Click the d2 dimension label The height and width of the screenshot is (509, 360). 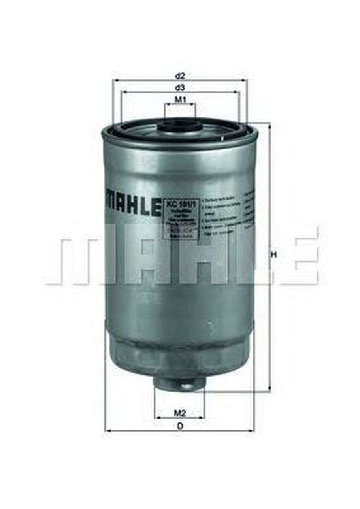(180, 75)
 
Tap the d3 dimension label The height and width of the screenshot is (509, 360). (180, 87)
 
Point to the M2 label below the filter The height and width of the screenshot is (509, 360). (180, 413)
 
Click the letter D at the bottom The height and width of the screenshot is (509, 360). (180, 426)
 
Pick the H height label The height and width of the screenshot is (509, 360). (273, 255)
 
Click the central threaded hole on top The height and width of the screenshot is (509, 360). (180, 126)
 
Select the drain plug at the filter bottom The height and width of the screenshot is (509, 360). (180, 383)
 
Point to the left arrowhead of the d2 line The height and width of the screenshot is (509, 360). (115, 80)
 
